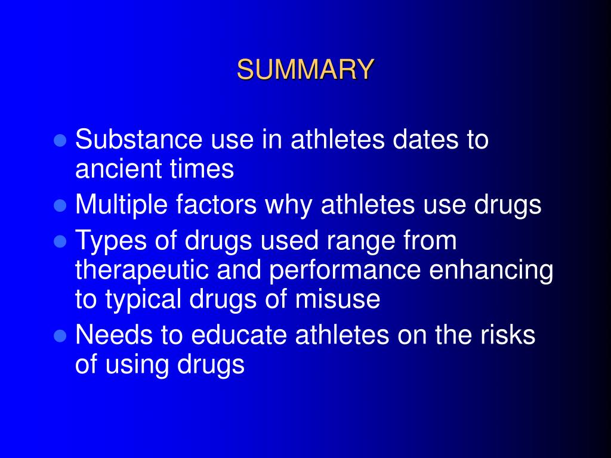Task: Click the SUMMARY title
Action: [305, 70]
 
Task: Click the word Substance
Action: [138, 140]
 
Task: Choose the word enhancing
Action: [492, 271]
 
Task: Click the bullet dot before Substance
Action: [59, 141]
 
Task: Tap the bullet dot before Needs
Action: [59, 336]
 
